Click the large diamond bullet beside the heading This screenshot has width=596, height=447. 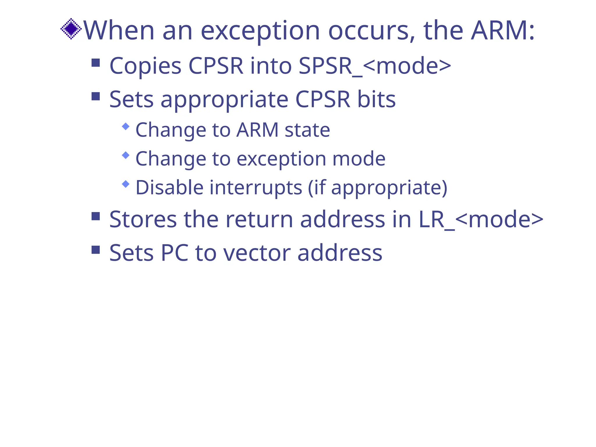point(71,29)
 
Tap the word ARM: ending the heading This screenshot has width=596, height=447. point(503,30)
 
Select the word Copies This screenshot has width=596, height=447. point(145,66)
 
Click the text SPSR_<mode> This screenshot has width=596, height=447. point(375,66)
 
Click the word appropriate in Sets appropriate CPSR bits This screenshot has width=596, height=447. point(224,100)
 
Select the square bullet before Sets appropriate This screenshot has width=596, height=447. point(96,96)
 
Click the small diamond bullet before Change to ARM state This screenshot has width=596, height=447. point(126,126)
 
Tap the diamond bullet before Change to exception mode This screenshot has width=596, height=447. point(126,155)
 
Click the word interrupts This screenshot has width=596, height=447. point(256,188)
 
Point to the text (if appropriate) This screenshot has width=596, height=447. point(377,188)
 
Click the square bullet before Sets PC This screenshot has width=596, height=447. point(96,250)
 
